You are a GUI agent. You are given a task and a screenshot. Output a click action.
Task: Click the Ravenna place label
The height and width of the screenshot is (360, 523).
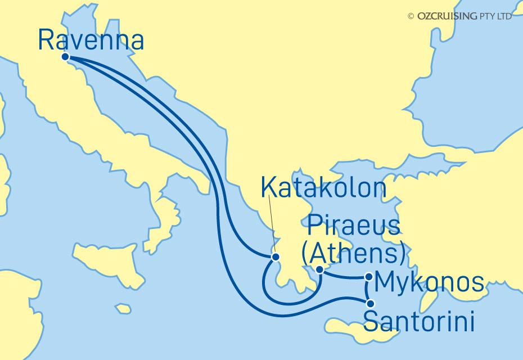(91, 40)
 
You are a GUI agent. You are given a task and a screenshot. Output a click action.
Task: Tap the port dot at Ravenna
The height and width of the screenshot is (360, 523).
(65, 57)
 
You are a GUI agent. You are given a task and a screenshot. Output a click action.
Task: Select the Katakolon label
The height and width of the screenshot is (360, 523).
(323, 189)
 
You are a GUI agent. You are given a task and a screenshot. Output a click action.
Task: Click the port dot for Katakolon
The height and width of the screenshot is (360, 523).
(276, 257)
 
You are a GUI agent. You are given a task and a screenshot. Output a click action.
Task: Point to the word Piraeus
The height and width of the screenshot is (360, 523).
(354, 227)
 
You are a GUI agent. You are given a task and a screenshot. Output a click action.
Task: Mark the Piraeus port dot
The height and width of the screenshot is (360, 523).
(319, 270)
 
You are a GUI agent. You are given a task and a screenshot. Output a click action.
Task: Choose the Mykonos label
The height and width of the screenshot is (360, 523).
(429, 283)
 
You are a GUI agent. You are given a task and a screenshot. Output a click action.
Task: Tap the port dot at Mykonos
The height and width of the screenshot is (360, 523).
(368, 276)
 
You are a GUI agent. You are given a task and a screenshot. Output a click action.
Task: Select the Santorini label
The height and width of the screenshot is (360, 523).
(419, 322)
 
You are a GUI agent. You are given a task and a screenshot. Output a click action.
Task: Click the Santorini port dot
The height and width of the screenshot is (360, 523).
(369, 304)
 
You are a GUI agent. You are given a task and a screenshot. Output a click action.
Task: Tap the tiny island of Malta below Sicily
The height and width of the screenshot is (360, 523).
(123, 309)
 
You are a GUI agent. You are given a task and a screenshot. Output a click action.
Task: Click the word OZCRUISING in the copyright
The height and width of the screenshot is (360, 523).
(446, 16)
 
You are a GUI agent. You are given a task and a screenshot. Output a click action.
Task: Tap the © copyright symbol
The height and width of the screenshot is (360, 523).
(411, 16)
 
